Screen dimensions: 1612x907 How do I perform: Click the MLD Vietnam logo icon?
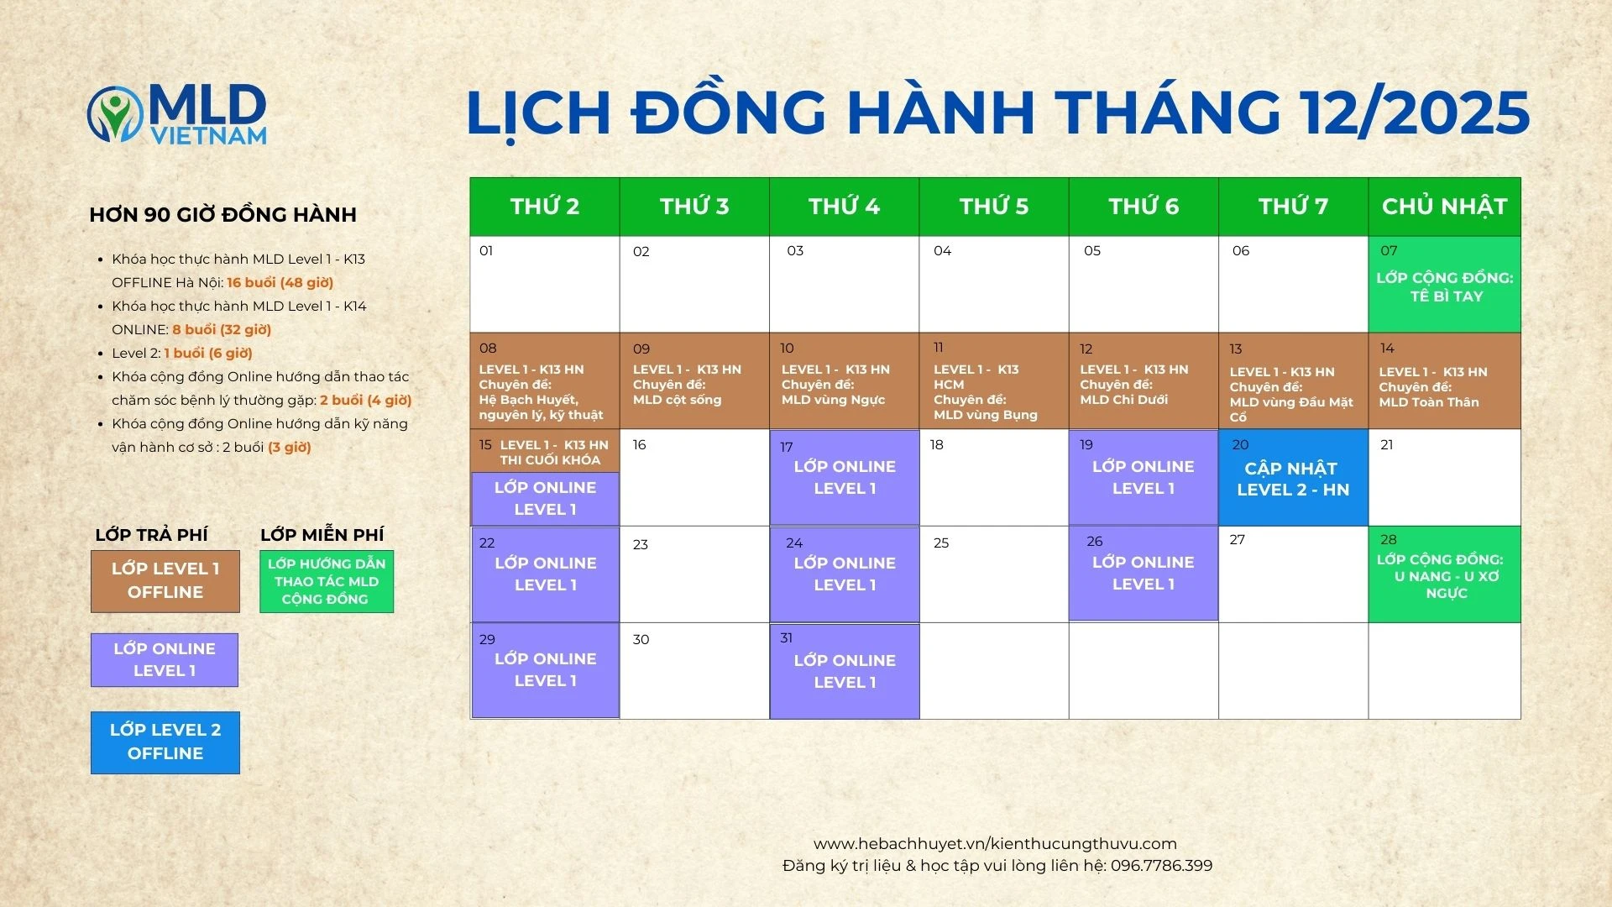(x=115, y=113)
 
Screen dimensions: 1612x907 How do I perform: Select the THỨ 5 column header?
(x=994, y=207)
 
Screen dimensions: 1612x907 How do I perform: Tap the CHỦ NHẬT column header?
(x=1444, y=207)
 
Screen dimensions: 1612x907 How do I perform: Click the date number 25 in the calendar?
(x=941, y=543)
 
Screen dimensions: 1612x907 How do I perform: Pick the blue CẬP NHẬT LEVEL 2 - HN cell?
(x=1293, y=478)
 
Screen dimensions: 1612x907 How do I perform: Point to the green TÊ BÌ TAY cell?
(x=1444, y=284)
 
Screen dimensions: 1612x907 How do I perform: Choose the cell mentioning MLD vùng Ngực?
(x=845, y=381)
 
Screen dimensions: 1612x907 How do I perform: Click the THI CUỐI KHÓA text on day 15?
(x=550, y=460)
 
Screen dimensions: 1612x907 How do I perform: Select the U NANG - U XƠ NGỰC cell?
(x=1444, y=574)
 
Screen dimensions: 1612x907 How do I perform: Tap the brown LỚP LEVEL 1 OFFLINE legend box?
(x=165, y=581)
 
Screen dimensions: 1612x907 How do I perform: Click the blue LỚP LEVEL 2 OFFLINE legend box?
(x=165, y=742)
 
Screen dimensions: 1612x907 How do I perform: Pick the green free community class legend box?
(x=327, y=581)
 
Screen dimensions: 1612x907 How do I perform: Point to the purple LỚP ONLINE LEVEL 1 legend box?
(x=165, y=660)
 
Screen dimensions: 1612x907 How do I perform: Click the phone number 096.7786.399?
(x=1161, y=866)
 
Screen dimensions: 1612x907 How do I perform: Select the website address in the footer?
(x=995, y=844)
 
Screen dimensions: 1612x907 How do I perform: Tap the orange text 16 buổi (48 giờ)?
(x=280, y=283)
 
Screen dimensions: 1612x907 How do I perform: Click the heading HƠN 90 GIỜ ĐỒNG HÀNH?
(x=222, y=215)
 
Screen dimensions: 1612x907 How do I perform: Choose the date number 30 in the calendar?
(x=641, y=640)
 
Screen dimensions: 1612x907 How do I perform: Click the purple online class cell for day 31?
(x=845, y=671)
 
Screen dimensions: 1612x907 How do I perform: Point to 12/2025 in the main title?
(x=1414, y=113)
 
